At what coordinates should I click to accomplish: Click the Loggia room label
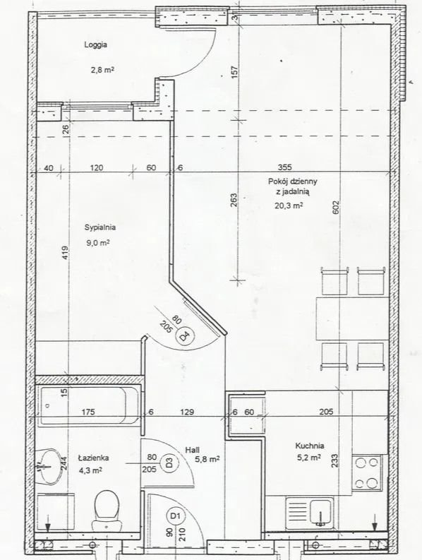tap(96, 45)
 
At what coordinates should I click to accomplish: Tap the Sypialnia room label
tap(100, 227)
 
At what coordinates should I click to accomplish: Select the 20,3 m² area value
tap(289, 205)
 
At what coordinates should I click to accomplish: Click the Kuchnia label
tap(310, 446)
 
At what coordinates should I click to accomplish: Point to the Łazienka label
tap(93, 458)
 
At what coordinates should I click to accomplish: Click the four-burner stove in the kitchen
tap(367, 473)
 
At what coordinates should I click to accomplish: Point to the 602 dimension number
tap(336, 208)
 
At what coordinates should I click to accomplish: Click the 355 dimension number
tap(285, 167)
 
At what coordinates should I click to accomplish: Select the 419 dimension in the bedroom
tap(65, 253)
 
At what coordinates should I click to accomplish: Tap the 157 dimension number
tap(234, 73)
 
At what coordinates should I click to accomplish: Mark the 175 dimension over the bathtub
tap(88, 412)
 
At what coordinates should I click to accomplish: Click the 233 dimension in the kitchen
tap(334, 460)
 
